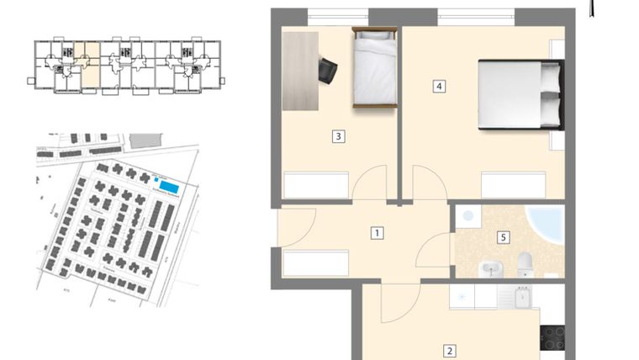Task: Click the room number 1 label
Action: pyautogui.click(x=378, y=233)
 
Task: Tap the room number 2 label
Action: pyautogui.click(x=450, y=352)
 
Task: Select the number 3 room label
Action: pyautogui.click(x=337, y=135)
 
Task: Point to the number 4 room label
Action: pyautogui.click(x=438, y=86)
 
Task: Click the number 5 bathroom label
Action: pyautogui.click(x=503, y=237)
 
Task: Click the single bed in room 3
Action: pyautogui.click(x=374, y=66)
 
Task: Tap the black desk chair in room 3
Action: pyautogui.click(x=328, y=70)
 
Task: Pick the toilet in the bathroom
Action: pyautogui.click(x=525, y=263)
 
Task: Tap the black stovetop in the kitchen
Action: pyautogui.click(x=552, y=337)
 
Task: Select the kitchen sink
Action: pyautogui.click(x=522, y=296)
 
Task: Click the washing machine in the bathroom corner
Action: pyautogui.click(x=469, y=216)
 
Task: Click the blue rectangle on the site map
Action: pyautogui.click(x=168, y=186)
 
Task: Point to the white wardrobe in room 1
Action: pyautogui.click(x=315, y=262)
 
